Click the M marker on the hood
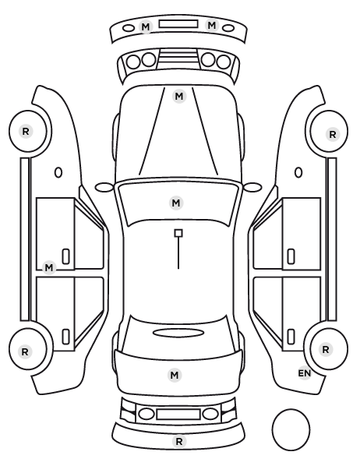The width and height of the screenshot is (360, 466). click(179, 97)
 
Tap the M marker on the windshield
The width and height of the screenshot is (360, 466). click(176, 203)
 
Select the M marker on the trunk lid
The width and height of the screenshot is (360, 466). click(175, 375)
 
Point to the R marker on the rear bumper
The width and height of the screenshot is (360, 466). click(179, 441)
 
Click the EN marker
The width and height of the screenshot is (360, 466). click(305, 373)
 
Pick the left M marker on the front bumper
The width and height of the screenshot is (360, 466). click(146, 26)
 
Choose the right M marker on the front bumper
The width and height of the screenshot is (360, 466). click(212, 25)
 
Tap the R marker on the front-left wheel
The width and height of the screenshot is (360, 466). click(26, 131)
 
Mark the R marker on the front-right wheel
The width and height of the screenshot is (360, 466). click(333, 134)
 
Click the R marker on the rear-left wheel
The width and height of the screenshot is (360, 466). click(25, 352)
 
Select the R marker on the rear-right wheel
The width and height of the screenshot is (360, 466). click(326, 349)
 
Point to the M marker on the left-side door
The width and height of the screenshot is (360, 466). click(49, 268)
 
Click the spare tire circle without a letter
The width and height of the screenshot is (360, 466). click(291, 429)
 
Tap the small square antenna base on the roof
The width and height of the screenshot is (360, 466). click(178, 233)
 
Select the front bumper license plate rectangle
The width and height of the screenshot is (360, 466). click(178, 24)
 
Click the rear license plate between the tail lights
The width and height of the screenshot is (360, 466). click(178, 414)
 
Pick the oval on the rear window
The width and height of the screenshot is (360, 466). click(178, 333)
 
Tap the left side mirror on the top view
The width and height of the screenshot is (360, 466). click(104, 187)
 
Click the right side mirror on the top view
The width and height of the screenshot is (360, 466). click(252, 187)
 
